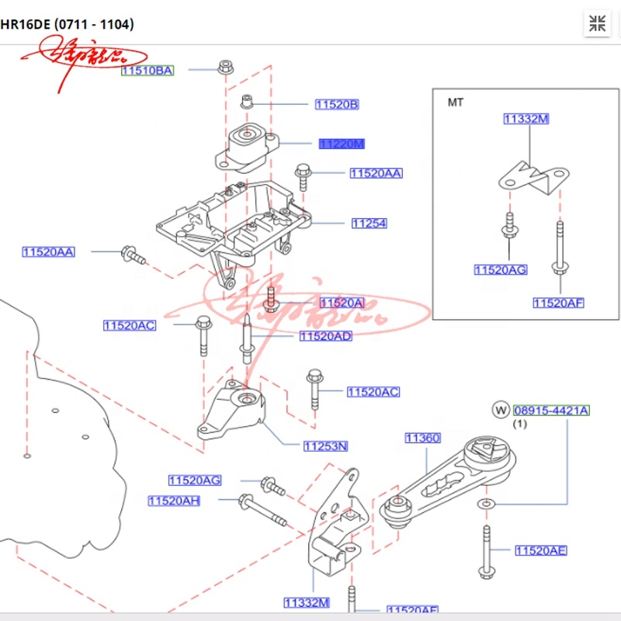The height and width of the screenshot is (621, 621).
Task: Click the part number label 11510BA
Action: click(x=147, y=71)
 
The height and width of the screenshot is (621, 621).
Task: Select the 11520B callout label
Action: click(x=336, y=104)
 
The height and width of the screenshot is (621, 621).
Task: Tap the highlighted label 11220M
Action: click(x=342, y=144)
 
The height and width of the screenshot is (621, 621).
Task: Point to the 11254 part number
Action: click(x=369, y=224)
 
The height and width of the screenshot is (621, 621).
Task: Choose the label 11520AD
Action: click(x=325, y=336)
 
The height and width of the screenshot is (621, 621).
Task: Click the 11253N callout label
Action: click(x=325, y=446)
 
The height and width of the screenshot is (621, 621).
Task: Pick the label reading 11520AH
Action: click(x=174, y=501)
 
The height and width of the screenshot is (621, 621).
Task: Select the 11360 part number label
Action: click(x=422, y=439)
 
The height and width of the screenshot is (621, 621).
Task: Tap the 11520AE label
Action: click(x=541, y=551)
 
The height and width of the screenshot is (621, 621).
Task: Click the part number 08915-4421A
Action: click(x=551, y=410)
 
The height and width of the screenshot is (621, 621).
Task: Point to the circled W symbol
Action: click(x=501, y=410)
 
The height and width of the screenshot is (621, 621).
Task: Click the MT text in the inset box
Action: click(x=455, y=102)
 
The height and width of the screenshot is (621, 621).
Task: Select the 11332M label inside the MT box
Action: click(x=526, y=119)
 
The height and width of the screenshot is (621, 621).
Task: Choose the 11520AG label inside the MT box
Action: click(x=501, y=269)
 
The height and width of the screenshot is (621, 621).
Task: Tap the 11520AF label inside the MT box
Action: click(x=558, y=303)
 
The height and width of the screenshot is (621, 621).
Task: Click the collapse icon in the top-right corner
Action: click(x=597, y=23)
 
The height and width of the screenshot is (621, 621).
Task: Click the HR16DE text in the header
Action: click(x=26, y=24)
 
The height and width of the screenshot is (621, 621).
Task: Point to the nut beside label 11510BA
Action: click(x=225, y=66)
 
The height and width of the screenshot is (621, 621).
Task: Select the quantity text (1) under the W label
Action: click(x=519, y=424)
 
